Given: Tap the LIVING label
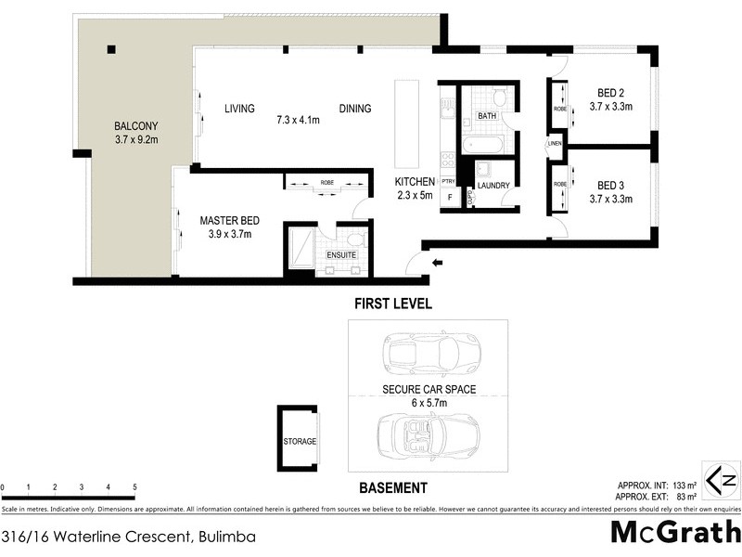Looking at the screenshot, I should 239,109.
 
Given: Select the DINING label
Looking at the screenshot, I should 354,109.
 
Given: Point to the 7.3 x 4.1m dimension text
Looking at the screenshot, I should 298,120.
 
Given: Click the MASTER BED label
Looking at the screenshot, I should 229,221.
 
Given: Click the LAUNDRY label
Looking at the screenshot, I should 494,186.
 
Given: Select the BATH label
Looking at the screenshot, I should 486,116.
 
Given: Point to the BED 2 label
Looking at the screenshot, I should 609,92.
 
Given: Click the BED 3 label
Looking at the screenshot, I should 609,184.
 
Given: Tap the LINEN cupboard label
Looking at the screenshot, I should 555,143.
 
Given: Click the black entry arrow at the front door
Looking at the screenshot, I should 438,264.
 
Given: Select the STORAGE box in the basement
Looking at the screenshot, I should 300,442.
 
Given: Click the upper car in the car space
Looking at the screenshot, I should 422,353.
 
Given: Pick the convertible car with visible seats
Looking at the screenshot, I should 428,434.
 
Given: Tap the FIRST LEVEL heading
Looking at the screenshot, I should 393,304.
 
